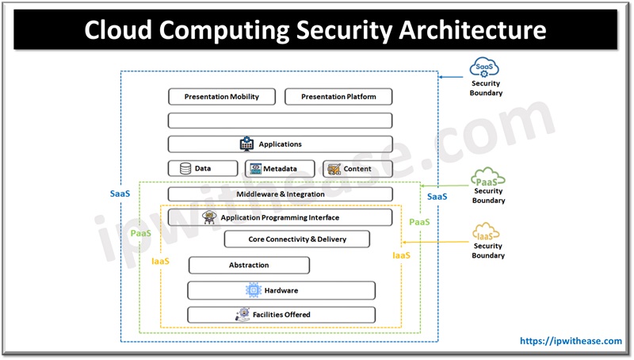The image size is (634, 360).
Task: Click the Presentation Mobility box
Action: click(222, 97)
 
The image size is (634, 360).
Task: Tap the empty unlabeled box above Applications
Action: click(280, 121)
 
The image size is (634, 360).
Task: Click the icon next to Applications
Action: click(246, 144)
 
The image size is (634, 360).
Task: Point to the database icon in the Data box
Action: click(185, 169)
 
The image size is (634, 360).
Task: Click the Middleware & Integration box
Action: click(280, 194)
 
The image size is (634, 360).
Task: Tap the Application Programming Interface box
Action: click(280, 217)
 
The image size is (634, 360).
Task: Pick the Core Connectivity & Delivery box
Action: click(297, 239)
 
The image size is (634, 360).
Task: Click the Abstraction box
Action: click(249, 265)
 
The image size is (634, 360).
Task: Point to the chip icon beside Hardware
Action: click(254, 290)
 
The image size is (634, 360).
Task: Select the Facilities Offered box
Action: click(281, 315)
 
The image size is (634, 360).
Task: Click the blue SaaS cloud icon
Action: click(484, 67)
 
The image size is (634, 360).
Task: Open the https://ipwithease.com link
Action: click(570, 341)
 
